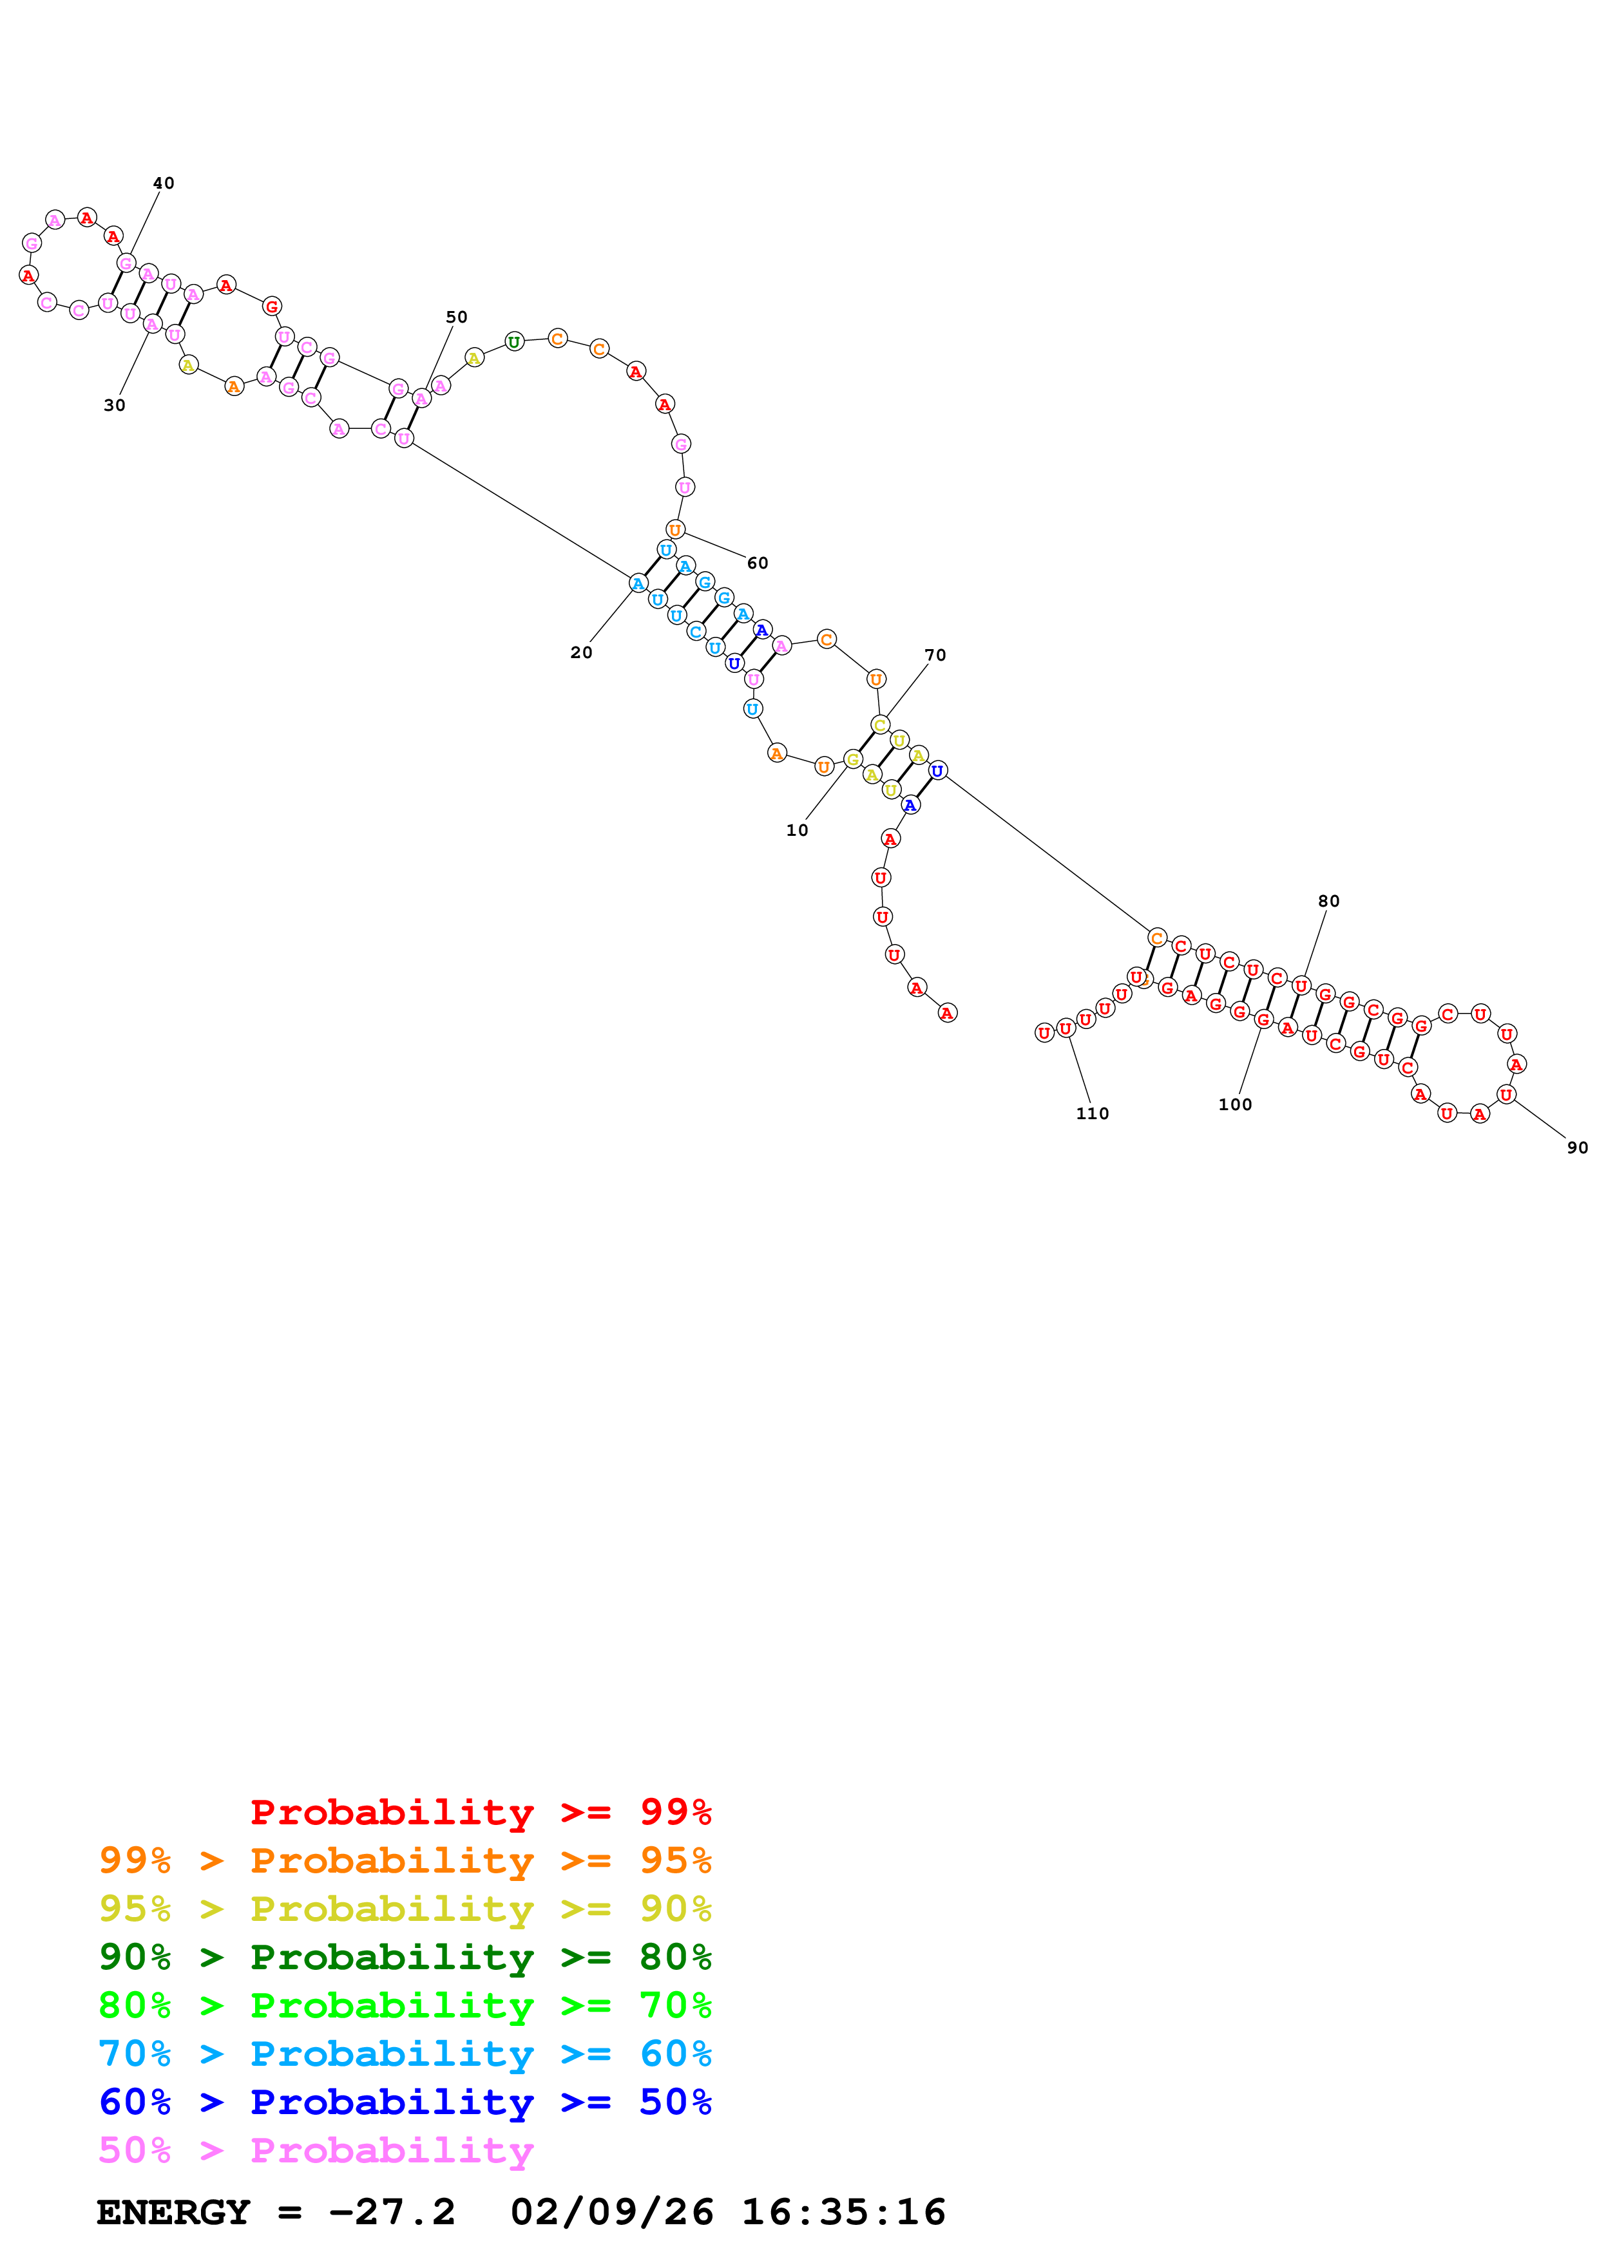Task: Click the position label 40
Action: coord(164,183)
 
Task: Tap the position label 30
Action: coord(114,404)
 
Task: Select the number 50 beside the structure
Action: coord(457,317)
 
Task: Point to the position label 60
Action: coord(757,563)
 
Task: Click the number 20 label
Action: coord(582,652)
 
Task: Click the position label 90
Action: coord(1577,1148)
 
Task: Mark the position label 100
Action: coord(1235,1104)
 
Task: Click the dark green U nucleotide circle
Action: coord(513,341)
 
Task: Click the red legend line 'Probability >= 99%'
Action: coord(481,1811)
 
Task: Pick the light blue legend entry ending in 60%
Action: coord(405,2054)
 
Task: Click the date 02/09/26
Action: coord(611,2212)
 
